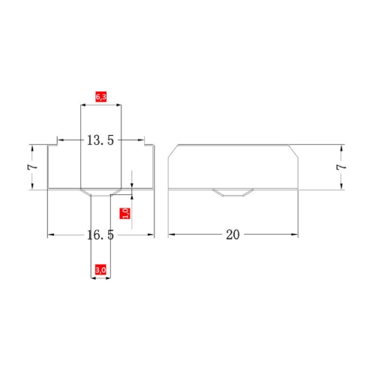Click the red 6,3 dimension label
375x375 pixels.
click(100, 97)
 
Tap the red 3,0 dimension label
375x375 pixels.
click(100, 270)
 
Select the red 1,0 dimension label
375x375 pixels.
click(125, 213)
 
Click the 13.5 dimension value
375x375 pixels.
click(100, 140)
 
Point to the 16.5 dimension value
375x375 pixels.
click(100, 235)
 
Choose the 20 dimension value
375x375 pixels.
click(232, 235)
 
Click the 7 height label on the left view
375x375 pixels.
click(32, 166)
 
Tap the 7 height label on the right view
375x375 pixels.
click(341, 167)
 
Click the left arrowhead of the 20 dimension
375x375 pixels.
click(171, 235)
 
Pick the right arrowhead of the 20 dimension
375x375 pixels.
click(295, 235)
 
